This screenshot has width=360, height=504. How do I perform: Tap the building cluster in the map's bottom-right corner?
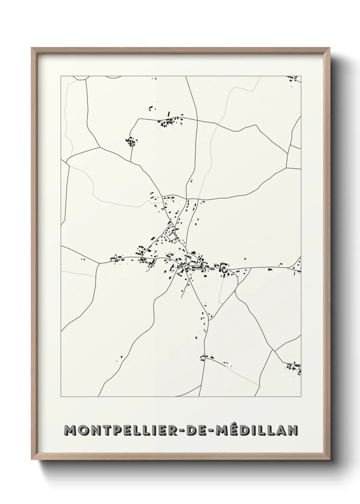click(294, 368)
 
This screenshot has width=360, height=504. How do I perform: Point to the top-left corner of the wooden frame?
click(32, 48)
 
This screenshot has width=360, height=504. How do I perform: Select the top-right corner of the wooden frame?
click(329, 48)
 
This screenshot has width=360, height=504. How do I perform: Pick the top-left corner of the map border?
click(61, 76)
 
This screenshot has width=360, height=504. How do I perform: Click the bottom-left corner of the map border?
click(61, 397)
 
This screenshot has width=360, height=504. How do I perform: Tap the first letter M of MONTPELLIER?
click(69, 430)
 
